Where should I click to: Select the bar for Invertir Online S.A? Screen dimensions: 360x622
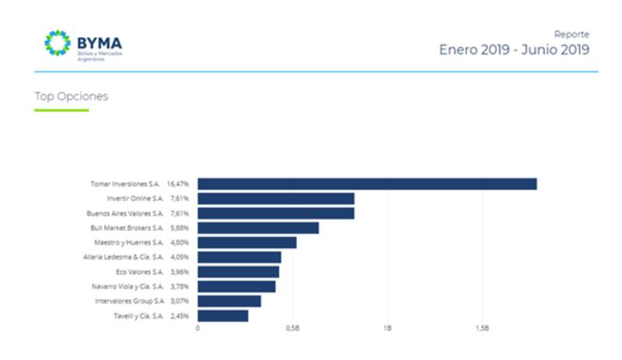pos(276,199)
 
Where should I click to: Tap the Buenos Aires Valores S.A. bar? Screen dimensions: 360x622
pos(276,213)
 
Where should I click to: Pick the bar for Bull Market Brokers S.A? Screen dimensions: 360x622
pos(258,228)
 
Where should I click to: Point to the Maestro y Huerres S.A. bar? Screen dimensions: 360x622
pos(246,243)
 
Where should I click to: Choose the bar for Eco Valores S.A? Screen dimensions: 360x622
pos(238,272)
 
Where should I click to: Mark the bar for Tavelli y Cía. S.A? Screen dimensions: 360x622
pos(222,316)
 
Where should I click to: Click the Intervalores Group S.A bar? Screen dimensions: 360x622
pos(229,301)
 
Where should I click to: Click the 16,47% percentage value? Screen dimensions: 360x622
pos(179,184)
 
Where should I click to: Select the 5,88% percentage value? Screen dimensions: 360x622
pos(180,228)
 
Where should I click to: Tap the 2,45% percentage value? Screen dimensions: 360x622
pos(180,316)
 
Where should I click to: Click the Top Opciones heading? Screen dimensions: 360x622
pos(72,97)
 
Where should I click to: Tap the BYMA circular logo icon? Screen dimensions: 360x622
pos(58,44)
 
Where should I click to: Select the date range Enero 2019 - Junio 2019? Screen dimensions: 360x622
pos(514,51)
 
